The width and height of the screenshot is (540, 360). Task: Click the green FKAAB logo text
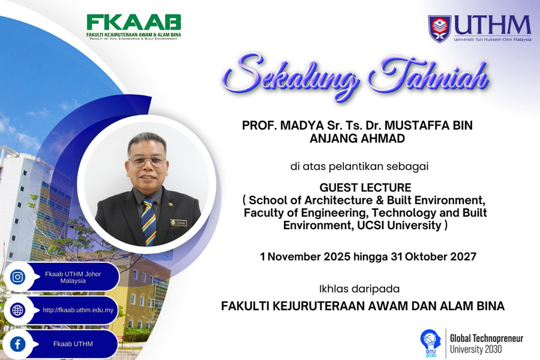pyautogui.click(x=134, y=22)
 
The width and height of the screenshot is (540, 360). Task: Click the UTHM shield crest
pyautogui.click(x=439, y=28)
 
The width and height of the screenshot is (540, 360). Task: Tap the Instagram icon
pyautogui.click(x=17, y=277)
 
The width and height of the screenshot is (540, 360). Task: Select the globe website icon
pyautogui.click(x=17, y=310)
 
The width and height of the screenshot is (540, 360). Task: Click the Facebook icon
pyautogui.click(x=17, y=344)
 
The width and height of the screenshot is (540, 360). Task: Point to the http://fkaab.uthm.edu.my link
pyautogui.click(x=78, y=310)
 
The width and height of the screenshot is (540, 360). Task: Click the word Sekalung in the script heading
pyautogui.click(x=289, y=76)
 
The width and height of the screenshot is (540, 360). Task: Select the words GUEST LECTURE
pyautogui.click(x=365, y=187)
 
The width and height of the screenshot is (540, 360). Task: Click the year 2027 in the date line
pyautogui.click(x=464, y=257)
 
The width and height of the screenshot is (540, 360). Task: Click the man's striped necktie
pyautogui.click(x=148, y=221)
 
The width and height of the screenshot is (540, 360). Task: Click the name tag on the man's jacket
pyautogui.click(x=178, y=223)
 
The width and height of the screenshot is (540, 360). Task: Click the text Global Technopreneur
pyautogui.click(x=487, y=338)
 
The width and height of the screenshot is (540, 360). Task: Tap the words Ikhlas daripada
pyautogui.click(x=359, y=289)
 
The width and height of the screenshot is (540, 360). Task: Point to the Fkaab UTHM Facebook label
pyautogui.click(x=73, y=344)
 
